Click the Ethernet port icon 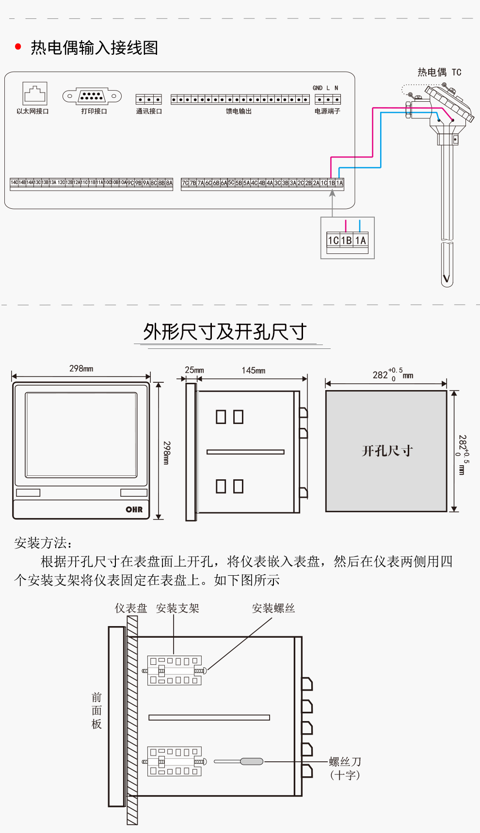(35, 93)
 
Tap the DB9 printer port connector (92, 96)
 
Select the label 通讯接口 (149, 111)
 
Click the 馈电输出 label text (239, 111)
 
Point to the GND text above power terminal (318, 88)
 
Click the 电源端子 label (327, 111)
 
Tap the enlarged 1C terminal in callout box (334, 240)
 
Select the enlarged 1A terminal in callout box (361, 240)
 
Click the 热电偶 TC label (439, 73)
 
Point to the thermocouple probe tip (447, 279)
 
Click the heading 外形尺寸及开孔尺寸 (224, 332)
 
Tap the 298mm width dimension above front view (81, 369)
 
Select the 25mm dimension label (194, 370)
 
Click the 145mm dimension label (254, 371)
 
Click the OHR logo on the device (134, 509)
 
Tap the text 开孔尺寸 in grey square (387, 451)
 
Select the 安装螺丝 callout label (273, 609)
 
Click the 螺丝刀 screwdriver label (345, 762)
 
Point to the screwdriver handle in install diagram (252, 762)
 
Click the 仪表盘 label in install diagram (131, 609)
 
